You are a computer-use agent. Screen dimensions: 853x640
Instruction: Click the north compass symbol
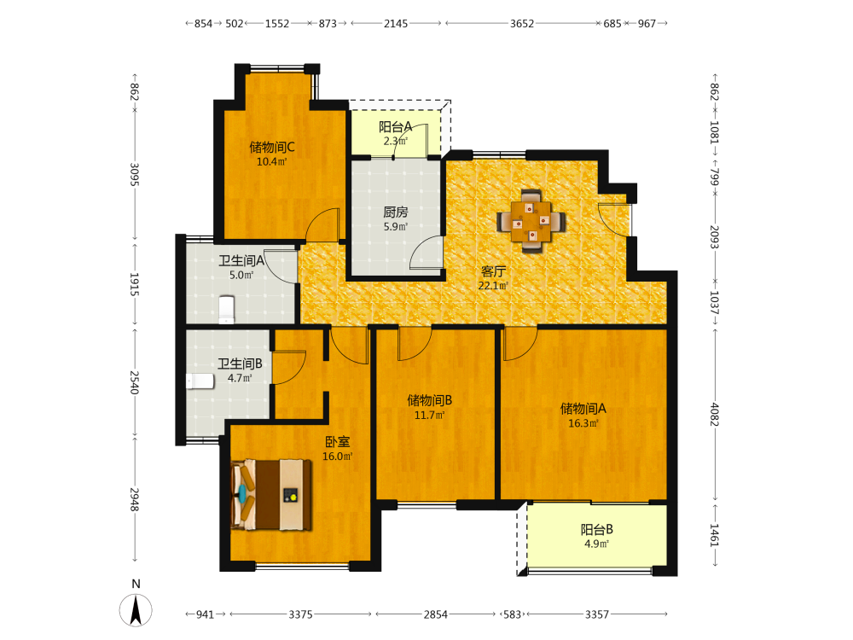[x=136, y=609]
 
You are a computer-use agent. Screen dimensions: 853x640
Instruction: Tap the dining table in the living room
[x=531, y=222]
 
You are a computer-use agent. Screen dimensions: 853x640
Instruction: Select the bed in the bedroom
[x=271, y=495]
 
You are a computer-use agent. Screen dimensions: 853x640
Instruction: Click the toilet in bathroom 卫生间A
[x=226, y=309]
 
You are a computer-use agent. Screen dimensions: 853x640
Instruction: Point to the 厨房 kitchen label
[x=396, y=212]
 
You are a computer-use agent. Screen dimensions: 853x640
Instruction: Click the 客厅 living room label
[x=493, y=271]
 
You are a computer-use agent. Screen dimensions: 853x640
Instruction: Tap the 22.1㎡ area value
[x=493, y=286]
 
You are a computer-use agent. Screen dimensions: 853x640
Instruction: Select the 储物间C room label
[x=272, y=147]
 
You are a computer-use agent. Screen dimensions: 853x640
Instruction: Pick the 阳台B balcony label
[x=597, y=529]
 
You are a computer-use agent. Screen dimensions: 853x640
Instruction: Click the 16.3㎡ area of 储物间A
[x=583, y=423]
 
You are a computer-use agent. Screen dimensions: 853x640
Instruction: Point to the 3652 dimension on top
[x=522, y=23]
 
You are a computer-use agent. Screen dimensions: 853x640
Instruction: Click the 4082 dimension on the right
[x=714, y=415]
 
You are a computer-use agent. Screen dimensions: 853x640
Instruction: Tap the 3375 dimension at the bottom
[x=300, y=614]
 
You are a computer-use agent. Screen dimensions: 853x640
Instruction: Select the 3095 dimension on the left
[x=135, y=175]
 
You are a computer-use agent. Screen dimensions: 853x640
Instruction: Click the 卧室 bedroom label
[x=337, y=442]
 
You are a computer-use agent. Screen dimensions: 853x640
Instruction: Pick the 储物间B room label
[x=430, y=400]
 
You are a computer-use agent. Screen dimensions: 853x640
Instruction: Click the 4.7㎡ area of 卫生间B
[x=240, y=378]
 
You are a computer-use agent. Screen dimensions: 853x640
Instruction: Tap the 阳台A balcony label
[x=396, y=127]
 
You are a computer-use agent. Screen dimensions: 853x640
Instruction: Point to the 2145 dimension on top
[x=396, y=23]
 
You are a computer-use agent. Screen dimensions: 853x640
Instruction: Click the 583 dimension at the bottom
[x=513, y=614]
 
